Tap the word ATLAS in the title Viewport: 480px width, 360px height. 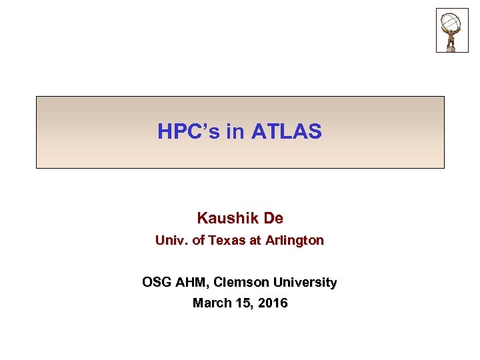pyautogui.click(x=287, y=132)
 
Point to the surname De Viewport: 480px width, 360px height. pyautogui.click(x=273, y=218)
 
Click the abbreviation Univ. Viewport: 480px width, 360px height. pyautogui.click(x=171, y=241)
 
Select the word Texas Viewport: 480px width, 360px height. pyautogui.click(x=227, y=241)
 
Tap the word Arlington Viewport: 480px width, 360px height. pyautogui.click(x=294, y=241)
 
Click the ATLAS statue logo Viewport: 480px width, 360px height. pyautogui.click(x=452, y=30)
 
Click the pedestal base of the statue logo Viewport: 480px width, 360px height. pyautogui.click(x=452, y=47)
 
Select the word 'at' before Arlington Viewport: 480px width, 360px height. pyautogui.click(x=255, y=241)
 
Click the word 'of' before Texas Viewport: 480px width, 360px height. pyautogui.click(x=197, y=241)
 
